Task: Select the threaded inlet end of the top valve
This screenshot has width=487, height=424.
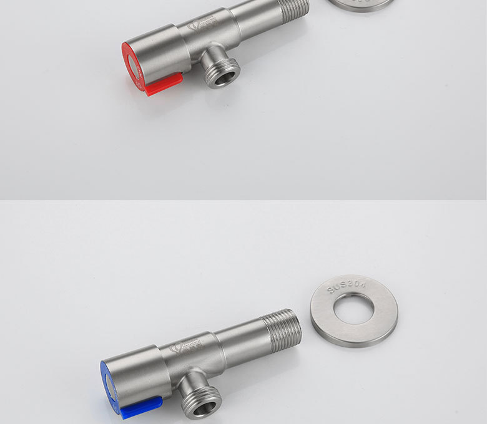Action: pyautogui.click(x=293, y=11)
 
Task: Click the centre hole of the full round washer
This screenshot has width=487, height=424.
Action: pyautogui.click(x=353, y=309)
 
